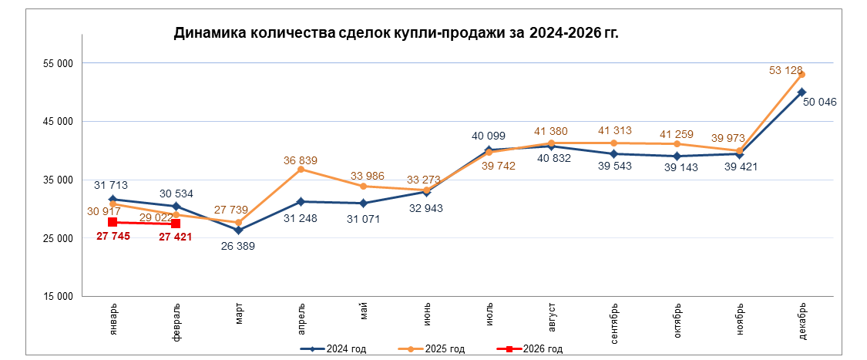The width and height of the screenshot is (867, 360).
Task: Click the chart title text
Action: click(397, 33)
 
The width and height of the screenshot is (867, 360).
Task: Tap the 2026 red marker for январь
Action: click(113, 222)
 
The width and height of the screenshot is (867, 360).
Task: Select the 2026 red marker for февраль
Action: click(176, 224)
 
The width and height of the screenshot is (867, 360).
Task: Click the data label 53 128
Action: click(785, 70)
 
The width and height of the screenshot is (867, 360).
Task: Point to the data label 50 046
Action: click(819, 102)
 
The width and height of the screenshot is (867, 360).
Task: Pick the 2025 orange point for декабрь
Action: click(802, 74)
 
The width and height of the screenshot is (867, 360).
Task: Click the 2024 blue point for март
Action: click(238, 230)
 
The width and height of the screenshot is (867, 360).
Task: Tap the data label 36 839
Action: click(301, 160)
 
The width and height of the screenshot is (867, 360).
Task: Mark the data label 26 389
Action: click(238, 247)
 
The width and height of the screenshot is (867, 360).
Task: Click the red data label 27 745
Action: click(113, 237)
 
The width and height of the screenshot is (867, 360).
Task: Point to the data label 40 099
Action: click(489, 136)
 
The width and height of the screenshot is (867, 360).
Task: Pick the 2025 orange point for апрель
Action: click(301, 169)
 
